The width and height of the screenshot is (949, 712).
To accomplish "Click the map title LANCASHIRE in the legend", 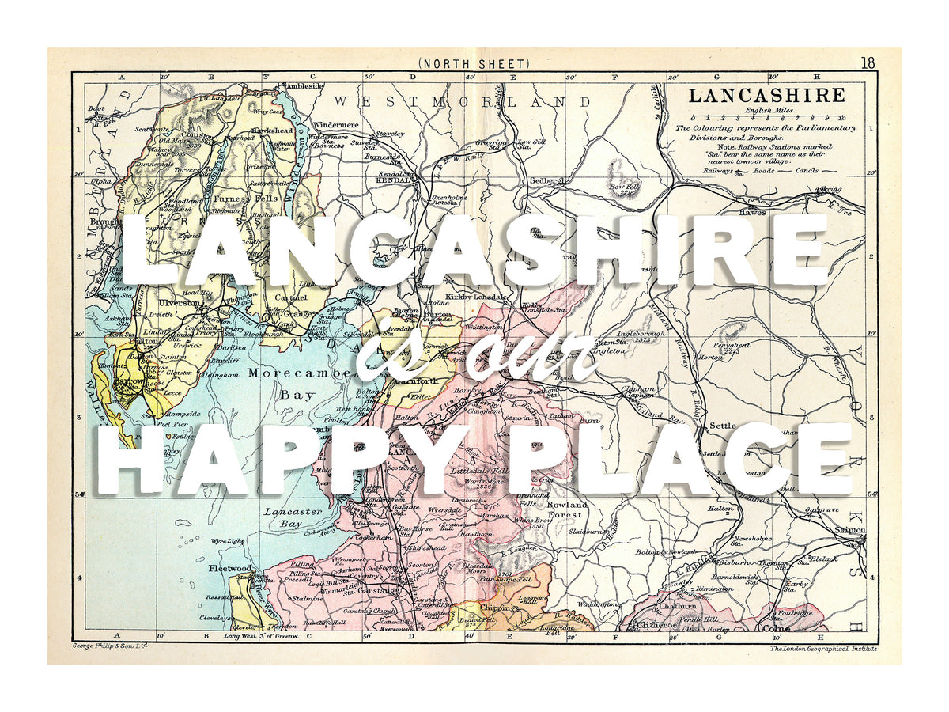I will pyautogui.click(x=766, y=96).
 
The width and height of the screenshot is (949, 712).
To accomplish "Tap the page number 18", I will pyautogui.click(x=868, y=63).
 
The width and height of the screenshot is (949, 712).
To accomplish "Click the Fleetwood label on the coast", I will pyautogui.click(x=230, y=568).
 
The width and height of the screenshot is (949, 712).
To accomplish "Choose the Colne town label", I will pyautogui.click(x=772, y=630).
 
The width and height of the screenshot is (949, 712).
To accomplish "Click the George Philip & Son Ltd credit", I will pyautogui.click(x=110, y=646).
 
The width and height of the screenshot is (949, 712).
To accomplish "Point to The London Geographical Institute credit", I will pyautogui.click(x=823, y=649).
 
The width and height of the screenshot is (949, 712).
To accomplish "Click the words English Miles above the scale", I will pyautogui.click(x=765, y=112).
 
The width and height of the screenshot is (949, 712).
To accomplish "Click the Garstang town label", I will pyautogui.click(x=371, y=589).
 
